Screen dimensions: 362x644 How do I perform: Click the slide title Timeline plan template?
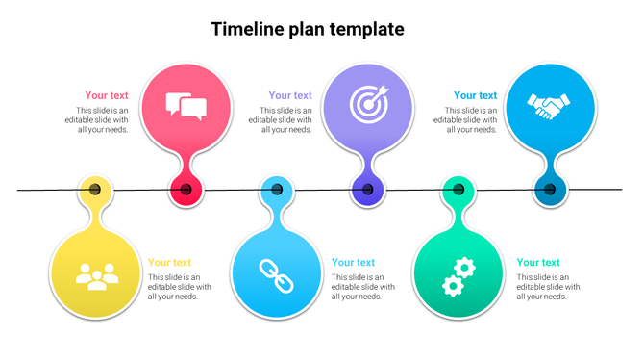(308, 29)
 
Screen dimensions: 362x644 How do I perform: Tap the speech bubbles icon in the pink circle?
(186, 106)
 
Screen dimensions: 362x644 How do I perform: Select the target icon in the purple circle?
(368, 104)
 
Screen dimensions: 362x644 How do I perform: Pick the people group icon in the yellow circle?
(96, 276)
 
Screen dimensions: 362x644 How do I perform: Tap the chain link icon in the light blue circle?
(277, 276)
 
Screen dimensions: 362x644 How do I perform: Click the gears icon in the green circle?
(458, 275)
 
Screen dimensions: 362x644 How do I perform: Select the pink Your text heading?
(106, 95)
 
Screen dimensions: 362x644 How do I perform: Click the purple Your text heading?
(290, 95)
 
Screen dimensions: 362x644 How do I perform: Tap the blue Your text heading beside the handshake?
(475, 95)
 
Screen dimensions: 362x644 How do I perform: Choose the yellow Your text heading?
(169, 262)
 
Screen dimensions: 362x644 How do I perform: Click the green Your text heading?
(538, 262)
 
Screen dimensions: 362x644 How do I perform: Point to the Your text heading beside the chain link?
(353, 262)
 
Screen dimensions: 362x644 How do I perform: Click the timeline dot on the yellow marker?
(95, 190)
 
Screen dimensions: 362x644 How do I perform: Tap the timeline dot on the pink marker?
(186, 190)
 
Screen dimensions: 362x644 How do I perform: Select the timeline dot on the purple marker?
(368, 191)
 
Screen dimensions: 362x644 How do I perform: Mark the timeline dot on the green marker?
(458, 190)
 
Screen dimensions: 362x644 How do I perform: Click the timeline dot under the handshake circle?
(550, 190)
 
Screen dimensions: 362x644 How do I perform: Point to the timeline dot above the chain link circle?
(277, 190)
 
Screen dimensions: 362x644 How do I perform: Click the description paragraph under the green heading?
(549, 287)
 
